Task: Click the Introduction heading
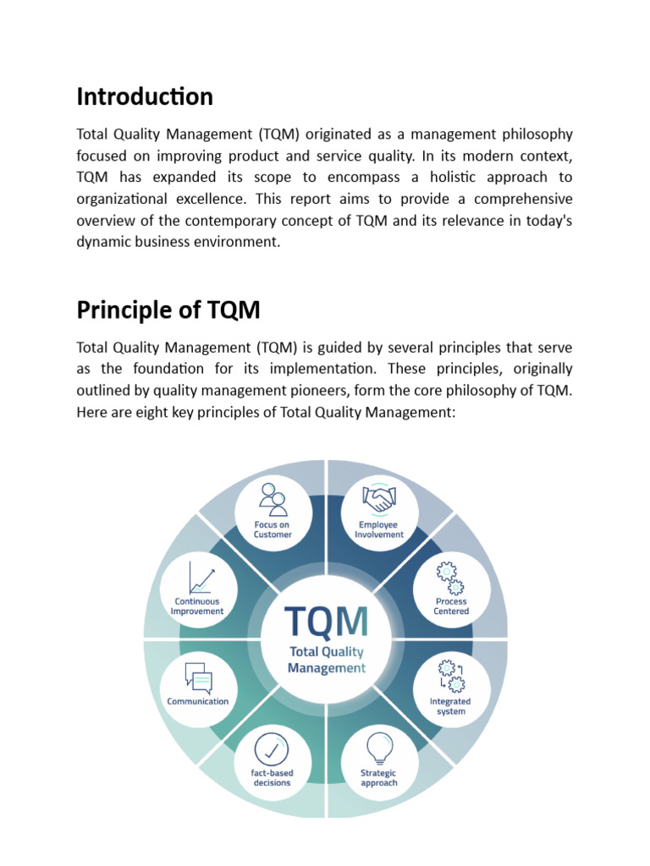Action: [x=145, y=97]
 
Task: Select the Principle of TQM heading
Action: [x=168, y=311]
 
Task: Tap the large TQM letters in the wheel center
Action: [x=327, y=622]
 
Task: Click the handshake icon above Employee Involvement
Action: [x=379, y=498]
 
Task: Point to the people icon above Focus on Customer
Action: [x=273, y=499]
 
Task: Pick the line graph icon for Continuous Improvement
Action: [x=201, y=578]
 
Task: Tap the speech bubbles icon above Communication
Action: [x=198, y=677]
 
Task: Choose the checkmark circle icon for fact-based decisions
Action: [x=272, y=748]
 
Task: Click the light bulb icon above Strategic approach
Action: [x=378, y=748]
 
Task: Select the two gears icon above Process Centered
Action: [x=450, y=578]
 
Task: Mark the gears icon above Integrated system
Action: [x=450, y=677]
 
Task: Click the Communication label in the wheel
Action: [x=198, y=701]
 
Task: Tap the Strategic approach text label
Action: [x=378, y=777]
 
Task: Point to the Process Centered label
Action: [x=451, y=606]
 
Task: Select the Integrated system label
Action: [x=450, y=706]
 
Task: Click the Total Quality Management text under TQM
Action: [x=327, y=660]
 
